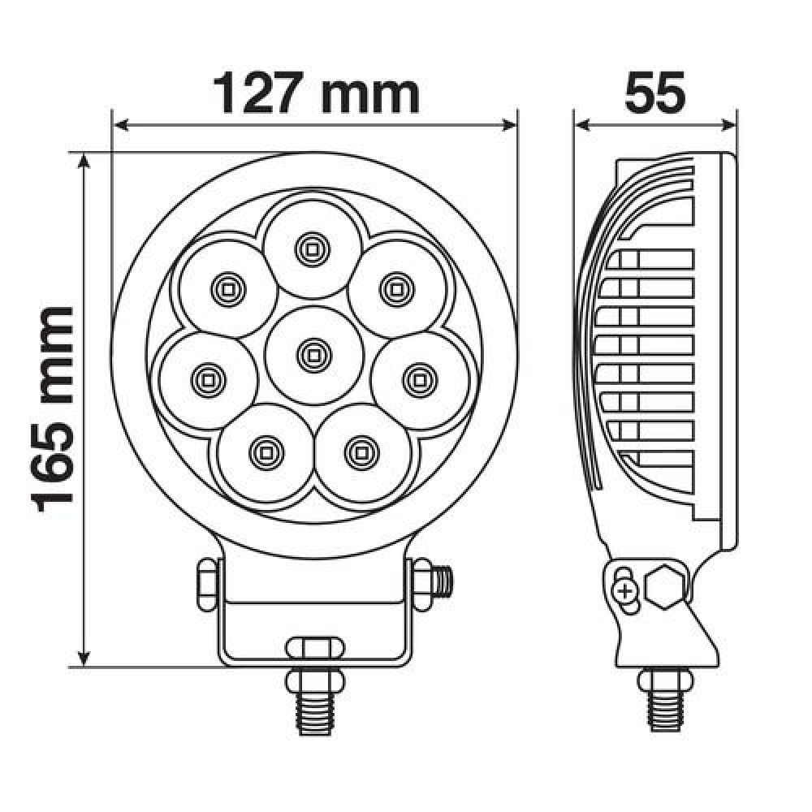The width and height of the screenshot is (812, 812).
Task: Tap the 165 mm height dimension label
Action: (52, 409)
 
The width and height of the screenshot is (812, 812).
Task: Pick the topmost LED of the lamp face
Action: (312, 249)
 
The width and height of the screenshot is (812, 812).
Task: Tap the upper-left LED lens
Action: (227, 288)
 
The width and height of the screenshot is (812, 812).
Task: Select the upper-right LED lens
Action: (397, 288)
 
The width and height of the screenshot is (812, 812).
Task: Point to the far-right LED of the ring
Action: (420, 380)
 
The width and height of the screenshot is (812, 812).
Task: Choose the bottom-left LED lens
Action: (266, 452)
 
